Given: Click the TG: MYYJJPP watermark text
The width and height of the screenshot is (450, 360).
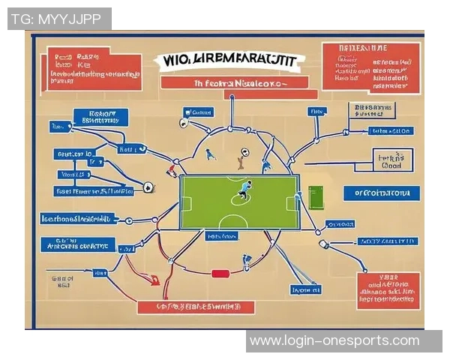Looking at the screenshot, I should point(59,19).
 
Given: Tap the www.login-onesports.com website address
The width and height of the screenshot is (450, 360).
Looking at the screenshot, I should point(334,341).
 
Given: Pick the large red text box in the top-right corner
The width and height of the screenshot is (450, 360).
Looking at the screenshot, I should point(370,67).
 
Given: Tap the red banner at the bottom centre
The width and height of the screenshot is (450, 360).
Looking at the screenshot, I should point(196,307).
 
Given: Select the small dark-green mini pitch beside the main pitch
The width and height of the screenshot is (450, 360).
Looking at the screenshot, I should point(316,196).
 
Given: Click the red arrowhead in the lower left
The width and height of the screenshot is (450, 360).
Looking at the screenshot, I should point(154,281).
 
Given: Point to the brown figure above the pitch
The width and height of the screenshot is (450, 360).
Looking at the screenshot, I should point(240,159).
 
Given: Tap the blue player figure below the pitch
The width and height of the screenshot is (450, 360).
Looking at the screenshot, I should point(247,261).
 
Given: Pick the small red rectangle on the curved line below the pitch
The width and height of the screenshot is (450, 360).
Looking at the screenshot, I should point(220,274).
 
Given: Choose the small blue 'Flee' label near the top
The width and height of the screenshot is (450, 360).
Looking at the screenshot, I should point(317,112).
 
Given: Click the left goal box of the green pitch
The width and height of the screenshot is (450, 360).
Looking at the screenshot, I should point(186,203).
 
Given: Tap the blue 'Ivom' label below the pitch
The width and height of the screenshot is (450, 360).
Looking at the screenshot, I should point(305,289).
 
